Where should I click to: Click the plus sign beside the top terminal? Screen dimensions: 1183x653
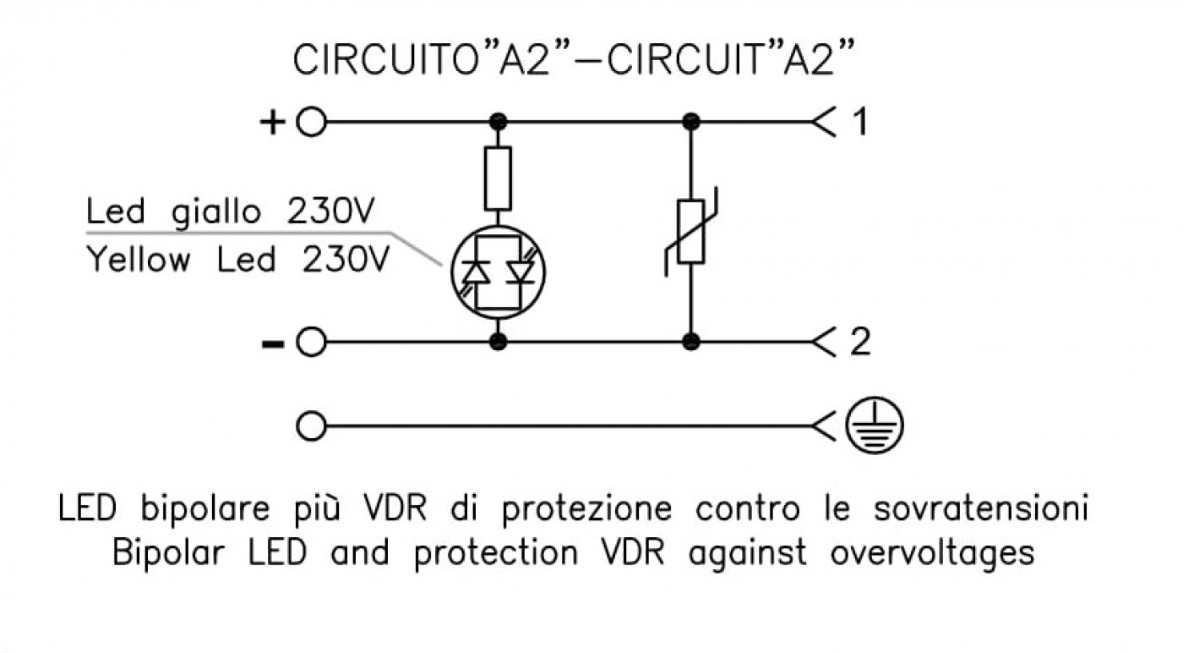(272, 123)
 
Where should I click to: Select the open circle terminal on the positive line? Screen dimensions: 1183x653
(311, 122)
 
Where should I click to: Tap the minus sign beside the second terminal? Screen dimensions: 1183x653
(273, 345)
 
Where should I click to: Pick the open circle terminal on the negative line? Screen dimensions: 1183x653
(311, 342)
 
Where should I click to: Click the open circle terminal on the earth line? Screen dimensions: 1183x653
(311, 426)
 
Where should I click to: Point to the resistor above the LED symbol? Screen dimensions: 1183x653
(498, 178)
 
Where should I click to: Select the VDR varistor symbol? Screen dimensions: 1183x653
(691, 232)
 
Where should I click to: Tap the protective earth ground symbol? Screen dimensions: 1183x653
(875, 425)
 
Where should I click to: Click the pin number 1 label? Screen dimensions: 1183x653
(861, 122)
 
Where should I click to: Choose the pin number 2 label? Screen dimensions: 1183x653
(860, 342)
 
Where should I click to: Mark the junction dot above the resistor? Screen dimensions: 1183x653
(498, 122)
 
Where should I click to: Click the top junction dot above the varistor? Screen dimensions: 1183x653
(691, 122)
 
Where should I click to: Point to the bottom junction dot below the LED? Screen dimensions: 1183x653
(498, 342)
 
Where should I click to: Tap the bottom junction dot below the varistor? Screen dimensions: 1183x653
(691, 342)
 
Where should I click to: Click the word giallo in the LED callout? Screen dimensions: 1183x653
(216, 212)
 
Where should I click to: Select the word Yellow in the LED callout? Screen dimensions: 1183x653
(139, 260)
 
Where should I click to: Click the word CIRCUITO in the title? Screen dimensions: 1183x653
(385, 60)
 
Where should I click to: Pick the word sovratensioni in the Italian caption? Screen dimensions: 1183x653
(980, 508)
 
